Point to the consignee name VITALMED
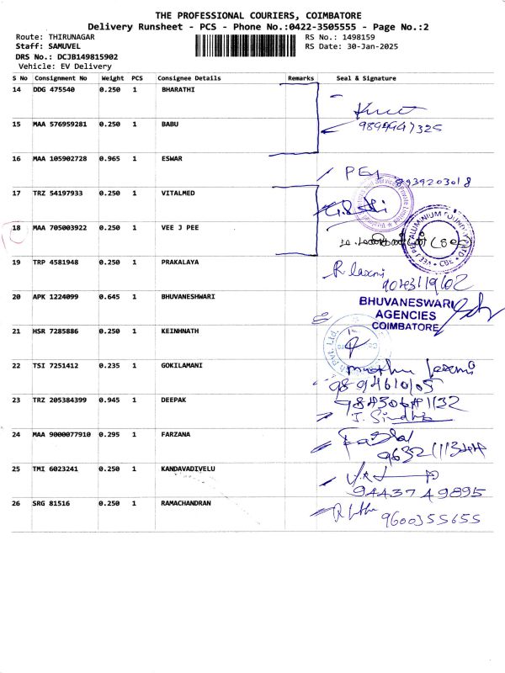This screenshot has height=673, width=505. [178, 193]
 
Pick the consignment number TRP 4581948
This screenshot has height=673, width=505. [56, 262]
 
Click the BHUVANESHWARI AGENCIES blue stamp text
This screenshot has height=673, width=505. [408, 313]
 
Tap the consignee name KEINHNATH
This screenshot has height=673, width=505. [179, 331]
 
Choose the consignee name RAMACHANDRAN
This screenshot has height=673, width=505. [186, 503]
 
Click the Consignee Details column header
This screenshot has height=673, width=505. [189, 77]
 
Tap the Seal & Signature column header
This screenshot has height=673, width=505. [365, 77]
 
